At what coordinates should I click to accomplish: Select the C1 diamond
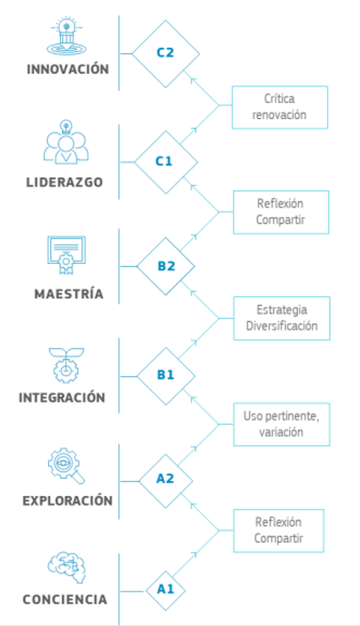(x=165, y=162)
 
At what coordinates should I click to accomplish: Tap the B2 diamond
(x=165, y=266)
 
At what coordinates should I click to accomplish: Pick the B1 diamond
(x=165, y=376)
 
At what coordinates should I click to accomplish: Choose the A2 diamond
(x=165, y=481)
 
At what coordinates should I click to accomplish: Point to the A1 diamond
(x=165, y=590)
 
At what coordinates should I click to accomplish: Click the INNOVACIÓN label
(x=68, y=69)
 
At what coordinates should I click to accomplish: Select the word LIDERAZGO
(x=64, y=182)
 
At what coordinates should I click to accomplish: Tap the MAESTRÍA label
(x=69, y=293)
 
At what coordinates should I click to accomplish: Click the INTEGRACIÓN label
(x=62, y=397)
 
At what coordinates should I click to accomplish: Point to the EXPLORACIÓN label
(x=67, y=500)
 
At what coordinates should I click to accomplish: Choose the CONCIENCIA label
(x=64, y=599)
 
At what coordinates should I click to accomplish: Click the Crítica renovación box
(x=280, y=108)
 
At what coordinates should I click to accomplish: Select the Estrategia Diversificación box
(x=281, y=318)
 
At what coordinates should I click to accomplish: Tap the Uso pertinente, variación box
(x=281, y=424)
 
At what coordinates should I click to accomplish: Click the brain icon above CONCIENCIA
(x=67, y=568)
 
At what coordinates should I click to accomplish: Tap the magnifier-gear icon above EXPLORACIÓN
(x=67, y=466)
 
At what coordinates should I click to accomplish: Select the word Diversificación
(x=281, y=326)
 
